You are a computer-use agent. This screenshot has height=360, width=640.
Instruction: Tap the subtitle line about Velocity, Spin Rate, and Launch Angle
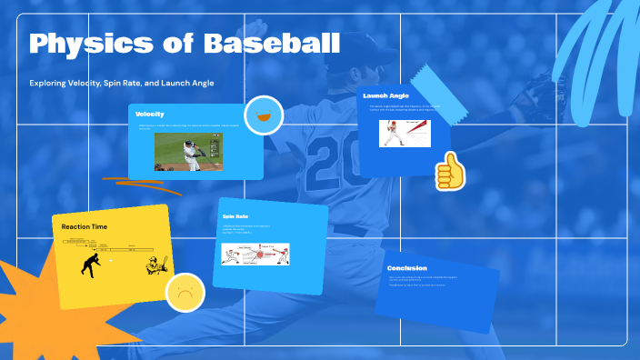(x=127, y=83)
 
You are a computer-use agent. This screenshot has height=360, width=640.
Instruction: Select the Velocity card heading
(x=150, y=114)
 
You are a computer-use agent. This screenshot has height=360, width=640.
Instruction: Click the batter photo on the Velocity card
(x=188, y=152)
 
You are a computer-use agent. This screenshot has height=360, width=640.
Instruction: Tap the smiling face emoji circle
(x=264, y=115)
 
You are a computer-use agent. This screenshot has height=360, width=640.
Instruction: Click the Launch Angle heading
(x=385, y=95)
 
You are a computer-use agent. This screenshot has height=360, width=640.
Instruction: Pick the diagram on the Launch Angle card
(x=405, y=133)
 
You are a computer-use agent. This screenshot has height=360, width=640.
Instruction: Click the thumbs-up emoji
(x=449, y=171)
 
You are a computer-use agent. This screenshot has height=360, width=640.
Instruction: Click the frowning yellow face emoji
(x=185, y=294)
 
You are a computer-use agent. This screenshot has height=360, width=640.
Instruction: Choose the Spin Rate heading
(x=235, y=216)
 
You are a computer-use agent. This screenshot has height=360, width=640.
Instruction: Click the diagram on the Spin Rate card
(x=255, y=254)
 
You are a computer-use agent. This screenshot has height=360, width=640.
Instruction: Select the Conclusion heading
(x=406, y=268)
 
